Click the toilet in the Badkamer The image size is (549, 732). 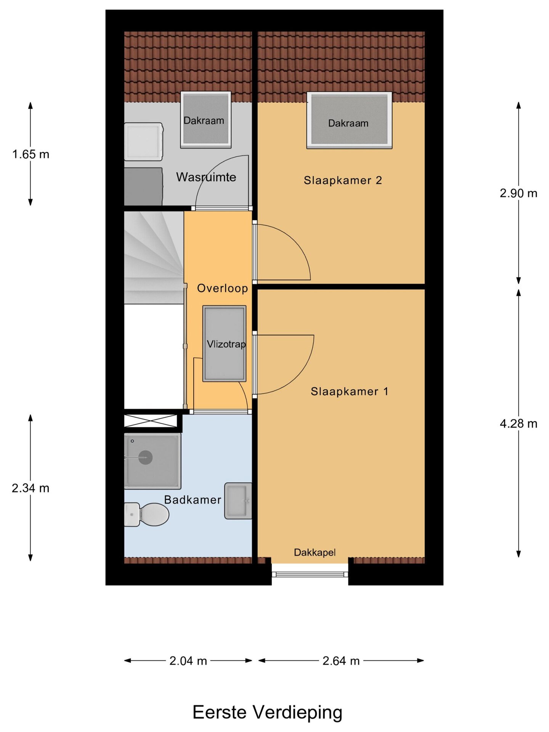pyautogui.click(x=147, y=514)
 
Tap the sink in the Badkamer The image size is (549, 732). pyautogui.click(x=238, y=501)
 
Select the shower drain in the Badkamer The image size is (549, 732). pyautogui.click(x=145, y=457)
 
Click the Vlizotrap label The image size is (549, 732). pyautogui.click(x=226, y=344)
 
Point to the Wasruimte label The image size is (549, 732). pyautogui.click(x=206, y=177)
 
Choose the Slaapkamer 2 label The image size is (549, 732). pyautogui.click(x=343, y=180)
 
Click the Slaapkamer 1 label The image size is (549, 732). pyautogui.click(x=349, y=392)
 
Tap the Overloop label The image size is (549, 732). pyautogui.click(x=222, y=288)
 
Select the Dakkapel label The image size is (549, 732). pyautogui.click(x=315, y=552)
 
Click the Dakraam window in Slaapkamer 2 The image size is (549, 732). pyautogui.click(x=349, y=120)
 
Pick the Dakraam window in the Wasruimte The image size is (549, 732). pyautogui.click(x=205, y=120)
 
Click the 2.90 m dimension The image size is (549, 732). pyautogui.click(x=518, y=193)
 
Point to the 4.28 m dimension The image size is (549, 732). pyautogui.click(x=518, y=423)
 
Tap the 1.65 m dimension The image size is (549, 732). pyautogui.click(x=30, y=154)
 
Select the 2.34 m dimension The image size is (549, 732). pyautogui.click(x=30, y=488)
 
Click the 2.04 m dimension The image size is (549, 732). pyautogui.click(x=188, y=661)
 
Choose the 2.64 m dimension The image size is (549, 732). pyautogui.click(x=341, y=661)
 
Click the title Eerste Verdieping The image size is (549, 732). pyautogui.click(x=267, y=712)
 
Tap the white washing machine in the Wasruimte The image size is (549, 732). pyautogui.click(x=144, y=142)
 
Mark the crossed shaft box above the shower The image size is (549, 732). pyautogui.click(x=151, y=421)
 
